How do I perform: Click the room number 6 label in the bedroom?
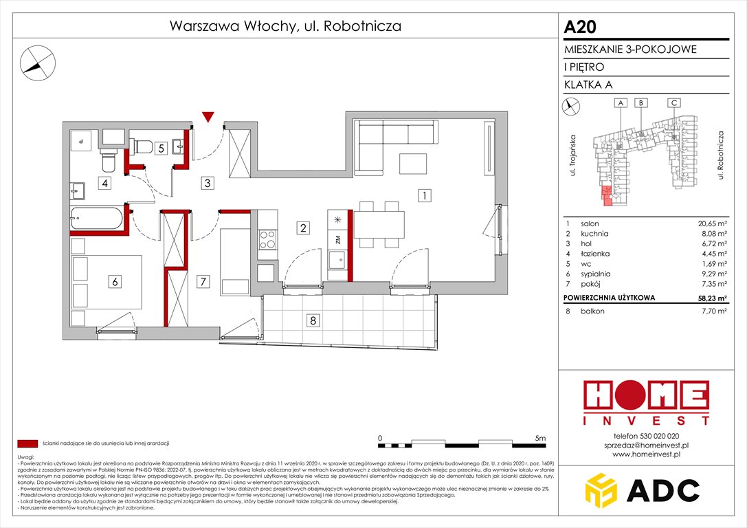click(115, 280)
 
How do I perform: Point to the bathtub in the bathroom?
click(97, 220)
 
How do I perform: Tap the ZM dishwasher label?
click(337, 239)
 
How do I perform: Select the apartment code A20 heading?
click(580, 27)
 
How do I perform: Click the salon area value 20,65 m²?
click(711, 224)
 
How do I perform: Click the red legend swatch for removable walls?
click(27, 443)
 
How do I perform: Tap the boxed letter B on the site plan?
click(640, 102)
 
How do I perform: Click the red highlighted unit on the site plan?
click(606, 195)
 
